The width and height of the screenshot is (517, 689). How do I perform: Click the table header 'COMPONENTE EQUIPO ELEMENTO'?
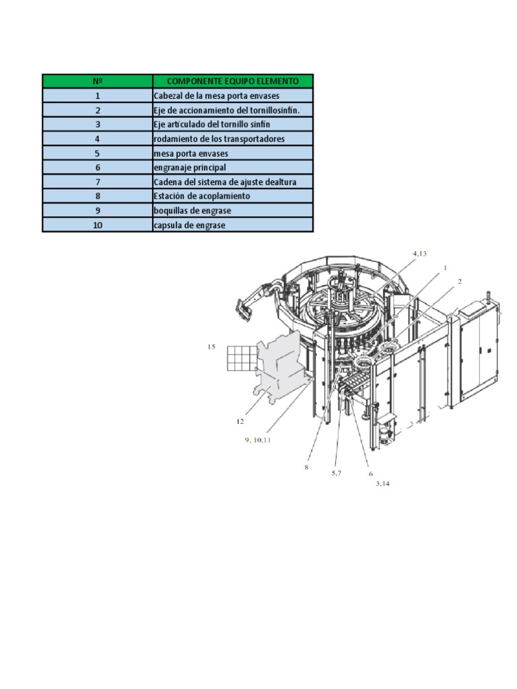point(233,81)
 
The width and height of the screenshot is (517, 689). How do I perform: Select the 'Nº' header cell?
point(98,81)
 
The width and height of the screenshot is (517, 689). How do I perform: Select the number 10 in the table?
point(98,225)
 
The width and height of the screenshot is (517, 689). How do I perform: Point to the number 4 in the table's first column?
point(98,139)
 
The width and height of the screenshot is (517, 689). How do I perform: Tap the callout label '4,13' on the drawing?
point(419,253)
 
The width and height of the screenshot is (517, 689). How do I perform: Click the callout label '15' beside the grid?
point(211,347)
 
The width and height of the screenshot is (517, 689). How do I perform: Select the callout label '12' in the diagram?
point(240,422)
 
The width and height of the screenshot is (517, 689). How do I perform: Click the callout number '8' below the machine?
point(306,467)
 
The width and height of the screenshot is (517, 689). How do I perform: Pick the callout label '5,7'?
point(336,473)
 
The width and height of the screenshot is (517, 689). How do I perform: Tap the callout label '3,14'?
point(382,483)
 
